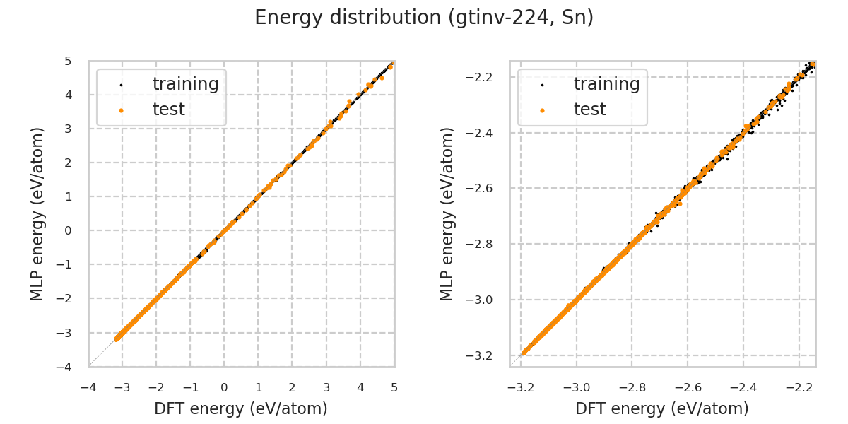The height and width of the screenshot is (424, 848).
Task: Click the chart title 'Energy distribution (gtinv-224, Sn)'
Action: click(424, 18)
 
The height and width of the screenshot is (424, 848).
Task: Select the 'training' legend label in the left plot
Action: click(185, 84)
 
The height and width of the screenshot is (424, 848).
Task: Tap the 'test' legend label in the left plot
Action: click(168, 110)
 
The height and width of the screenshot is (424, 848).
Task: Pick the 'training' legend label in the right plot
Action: click(606, 84)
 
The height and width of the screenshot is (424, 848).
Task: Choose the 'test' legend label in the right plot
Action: click(589, 110)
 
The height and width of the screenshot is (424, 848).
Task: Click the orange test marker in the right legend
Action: click(542, 110)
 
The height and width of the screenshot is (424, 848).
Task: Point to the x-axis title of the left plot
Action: click(241, 408)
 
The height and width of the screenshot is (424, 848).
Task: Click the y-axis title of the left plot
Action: click(37, 213)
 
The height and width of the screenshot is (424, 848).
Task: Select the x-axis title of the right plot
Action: click(662, 408)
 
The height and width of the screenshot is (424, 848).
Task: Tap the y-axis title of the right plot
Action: click(447, 213)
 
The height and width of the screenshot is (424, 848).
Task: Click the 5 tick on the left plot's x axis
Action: click(394, 387)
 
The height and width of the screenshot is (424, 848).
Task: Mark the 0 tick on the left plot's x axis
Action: click(224, 387)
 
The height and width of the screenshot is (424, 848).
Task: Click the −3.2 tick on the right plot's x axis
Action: click(521, 387)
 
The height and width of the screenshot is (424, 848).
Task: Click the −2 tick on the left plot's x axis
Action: click(156, 387)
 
